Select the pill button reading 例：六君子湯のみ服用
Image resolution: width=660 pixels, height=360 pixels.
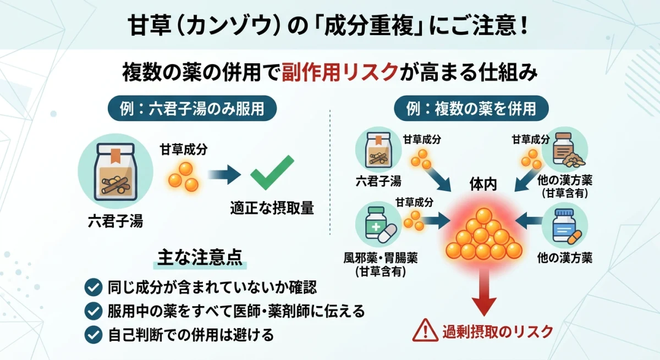[x=192, y=108]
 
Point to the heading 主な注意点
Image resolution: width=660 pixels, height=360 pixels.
[x=200, y=258]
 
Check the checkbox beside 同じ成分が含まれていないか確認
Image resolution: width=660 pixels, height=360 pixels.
[x=92, y=286]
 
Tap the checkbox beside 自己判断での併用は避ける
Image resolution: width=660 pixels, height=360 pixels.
[x=92, y=334]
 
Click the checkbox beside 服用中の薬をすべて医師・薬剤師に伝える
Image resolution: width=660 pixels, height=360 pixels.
[x=92, y=311]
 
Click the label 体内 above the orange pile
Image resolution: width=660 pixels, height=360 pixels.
[x=483, y=185]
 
